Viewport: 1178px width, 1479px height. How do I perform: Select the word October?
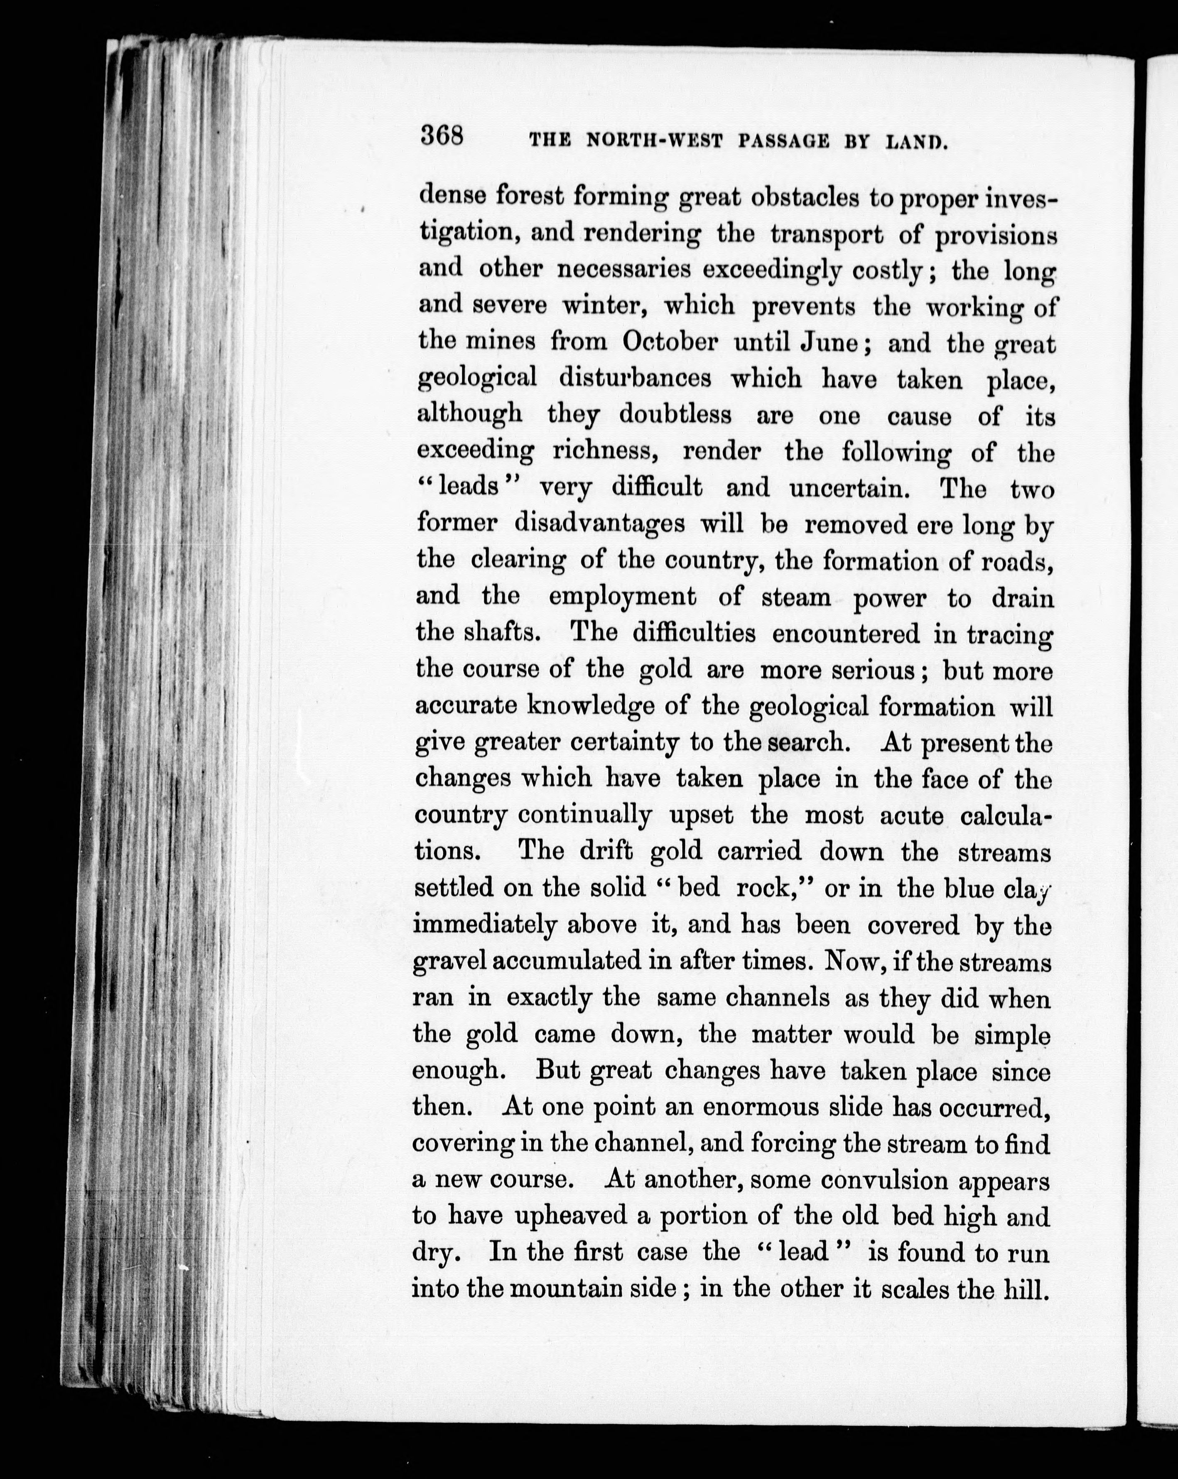[670, 341]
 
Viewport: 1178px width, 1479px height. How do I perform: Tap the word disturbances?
[635, 378]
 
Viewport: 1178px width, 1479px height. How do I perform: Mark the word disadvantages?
[599, 524]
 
